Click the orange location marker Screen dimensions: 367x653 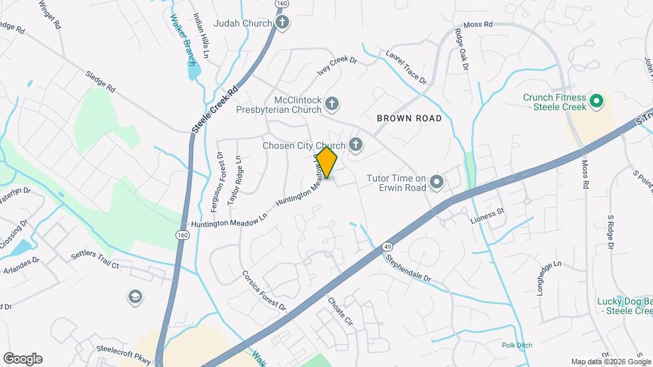326,162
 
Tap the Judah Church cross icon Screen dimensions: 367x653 283,23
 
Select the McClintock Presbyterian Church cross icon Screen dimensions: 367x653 331,104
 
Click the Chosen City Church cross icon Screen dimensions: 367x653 355,144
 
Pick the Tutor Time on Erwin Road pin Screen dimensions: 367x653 437,182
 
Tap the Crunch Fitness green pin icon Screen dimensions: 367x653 597,102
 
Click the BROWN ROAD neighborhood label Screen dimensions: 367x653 409,118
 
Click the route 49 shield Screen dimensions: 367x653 386,247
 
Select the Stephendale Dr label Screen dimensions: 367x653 408,268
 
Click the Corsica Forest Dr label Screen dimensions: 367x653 264,291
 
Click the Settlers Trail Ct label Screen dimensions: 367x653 95,261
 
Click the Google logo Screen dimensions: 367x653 22,359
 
